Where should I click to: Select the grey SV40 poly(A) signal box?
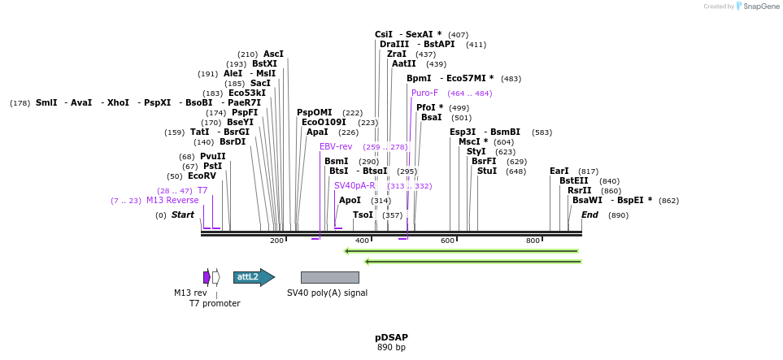coord(329,277)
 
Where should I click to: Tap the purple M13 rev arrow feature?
coord(207,277)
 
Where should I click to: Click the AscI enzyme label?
coord(273,54)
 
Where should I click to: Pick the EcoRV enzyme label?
coord(202,176)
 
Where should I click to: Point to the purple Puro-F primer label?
coord(424,93)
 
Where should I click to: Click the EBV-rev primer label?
coord(336,146)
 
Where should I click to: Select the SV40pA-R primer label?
coord(355,185)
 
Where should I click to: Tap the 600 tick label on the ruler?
coord(447,241)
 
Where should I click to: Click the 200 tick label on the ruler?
coord(276,241)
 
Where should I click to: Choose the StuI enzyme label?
coord(487,171)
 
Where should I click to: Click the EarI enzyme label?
coord(559,171)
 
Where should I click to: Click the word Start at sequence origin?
coord(182,215)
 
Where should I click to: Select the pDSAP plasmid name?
coord(391,336)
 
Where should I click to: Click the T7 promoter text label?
coord(215,303)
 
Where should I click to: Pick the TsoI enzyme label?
coord(363,215)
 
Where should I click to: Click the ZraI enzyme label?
coord(397,54)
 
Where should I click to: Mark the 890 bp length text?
coord(391,347)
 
